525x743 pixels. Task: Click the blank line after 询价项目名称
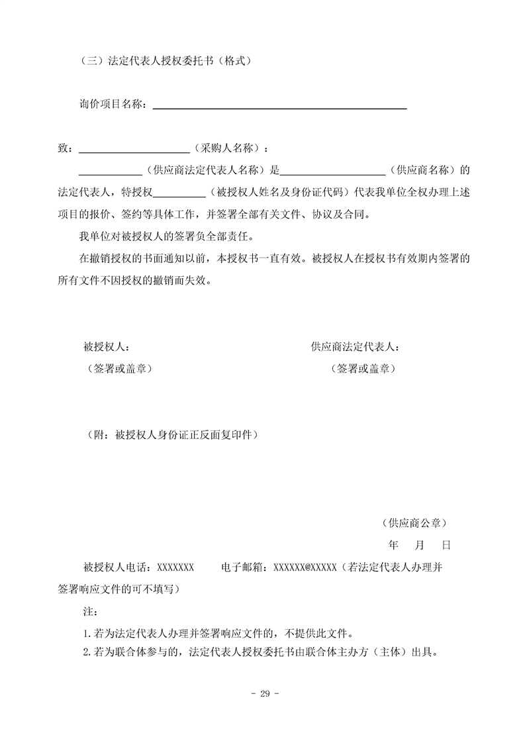[x=279, y=106]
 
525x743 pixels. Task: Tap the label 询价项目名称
[x=113, y=105]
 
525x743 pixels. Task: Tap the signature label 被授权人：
[x=106, y=346]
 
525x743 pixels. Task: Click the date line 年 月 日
[x=420, y=545]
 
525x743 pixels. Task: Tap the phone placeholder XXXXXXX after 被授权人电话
[x=175, y=567]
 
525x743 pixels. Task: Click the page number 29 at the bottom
[x=263, y=693]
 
